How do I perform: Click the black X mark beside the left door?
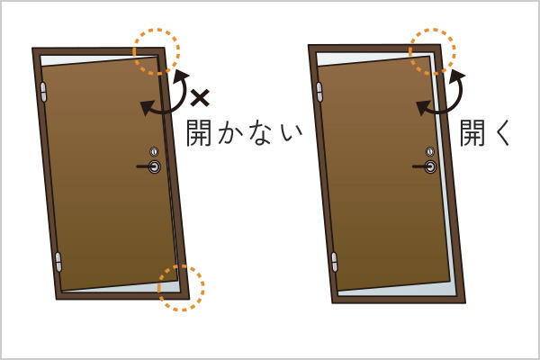[x=200, y=98]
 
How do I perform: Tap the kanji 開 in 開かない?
[x=199, y=132]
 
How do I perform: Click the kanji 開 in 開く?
[x=472, y=132]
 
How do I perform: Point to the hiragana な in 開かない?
[x=261, y=133]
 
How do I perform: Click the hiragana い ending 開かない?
[x=292, y=134]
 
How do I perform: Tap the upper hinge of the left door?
[x=43, y=92]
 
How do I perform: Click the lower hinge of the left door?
[x=58, y=262]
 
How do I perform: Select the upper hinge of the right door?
[x=319, y=92]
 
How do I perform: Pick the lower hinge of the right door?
[x=335, y=262]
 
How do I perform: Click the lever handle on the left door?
[x=149, y=166]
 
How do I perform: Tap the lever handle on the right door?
[x=425, y=166]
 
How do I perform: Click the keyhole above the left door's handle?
[x=154, y=151]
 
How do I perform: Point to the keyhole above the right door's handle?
[x=430, y=151]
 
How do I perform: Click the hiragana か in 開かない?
[x=230, y=133]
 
